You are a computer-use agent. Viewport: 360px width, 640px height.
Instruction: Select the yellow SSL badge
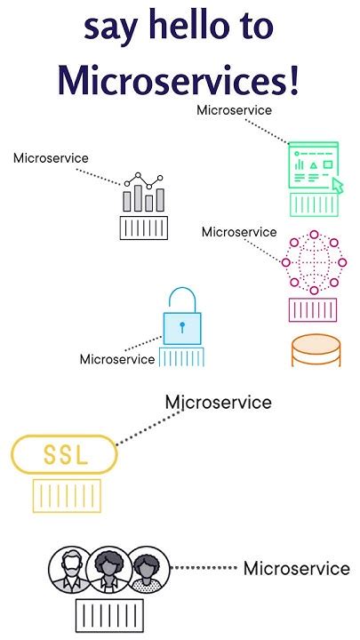(x=64, y=455)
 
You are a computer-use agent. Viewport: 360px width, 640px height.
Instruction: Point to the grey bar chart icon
(x=144, y=193)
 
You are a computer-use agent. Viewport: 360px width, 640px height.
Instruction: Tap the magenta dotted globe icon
(x=314, y=263)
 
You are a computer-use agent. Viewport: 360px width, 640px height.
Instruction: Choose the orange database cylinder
(x=316, y=352)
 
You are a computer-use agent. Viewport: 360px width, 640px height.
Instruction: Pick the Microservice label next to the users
(x=296, y=569)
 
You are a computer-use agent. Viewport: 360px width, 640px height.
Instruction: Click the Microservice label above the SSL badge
(x=219, y=403)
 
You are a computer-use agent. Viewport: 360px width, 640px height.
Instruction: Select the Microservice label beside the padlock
(x=117, y=360)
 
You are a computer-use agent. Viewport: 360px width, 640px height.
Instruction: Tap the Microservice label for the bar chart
(x=51, y=158)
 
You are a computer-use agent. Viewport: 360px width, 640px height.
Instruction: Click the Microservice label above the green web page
(x=235, y=109)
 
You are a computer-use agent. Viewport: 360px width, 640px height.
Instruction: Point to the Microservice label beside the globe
(x=239, y=232)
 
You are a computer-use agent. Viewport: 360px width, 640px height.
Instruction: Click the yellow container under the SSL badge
(x=64, y=494)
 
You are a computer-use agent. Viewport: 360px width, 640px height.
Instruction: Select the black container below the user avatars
(x=109, y=614)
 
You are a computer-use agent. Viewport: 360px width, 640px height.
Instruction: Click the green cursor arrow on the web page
(x=337, y=185)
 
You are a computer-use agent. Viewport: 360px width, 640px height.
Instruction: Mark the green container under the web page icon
(x=314, y=205)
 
